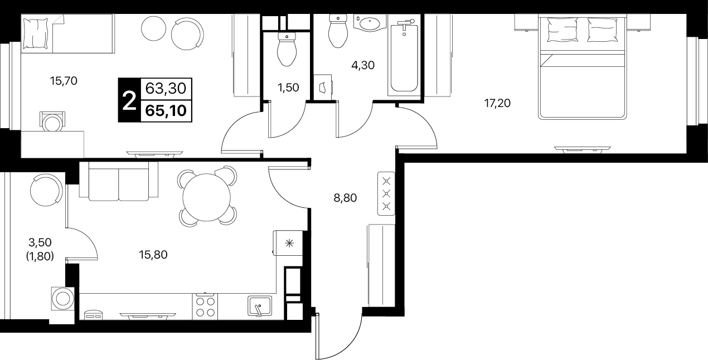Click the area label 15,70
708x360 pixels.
(x=64, y=81)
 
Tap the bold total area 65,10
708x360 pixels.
(x=166, y=111)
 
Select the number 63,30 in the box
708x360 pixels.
(x=166, y=89)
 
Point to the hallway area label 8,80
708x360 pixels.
(x=345, y=198)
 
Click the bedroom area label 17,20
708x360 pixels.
(x=497, y=103)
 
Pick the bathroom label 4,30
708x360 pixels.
(x=363, y=65)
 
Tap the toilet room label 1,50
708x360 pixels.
(x=288, y=87)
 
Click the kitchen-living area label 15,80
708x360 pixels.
(x=153, y=255)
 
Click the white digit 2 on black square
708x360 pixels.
(x=129, y=100)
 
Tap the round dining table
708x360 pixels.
(x=207, y=197)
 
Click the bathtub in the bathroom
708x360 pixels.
(x=404, y=57)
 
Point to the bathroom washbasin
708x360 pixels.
(x=370, y=23)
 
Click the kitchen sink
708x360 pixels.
(x=259, y=306)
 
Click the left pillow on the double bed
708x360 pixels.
(x=562, y=30)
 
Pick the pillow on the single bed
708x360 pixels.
(x=36, y=33)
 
